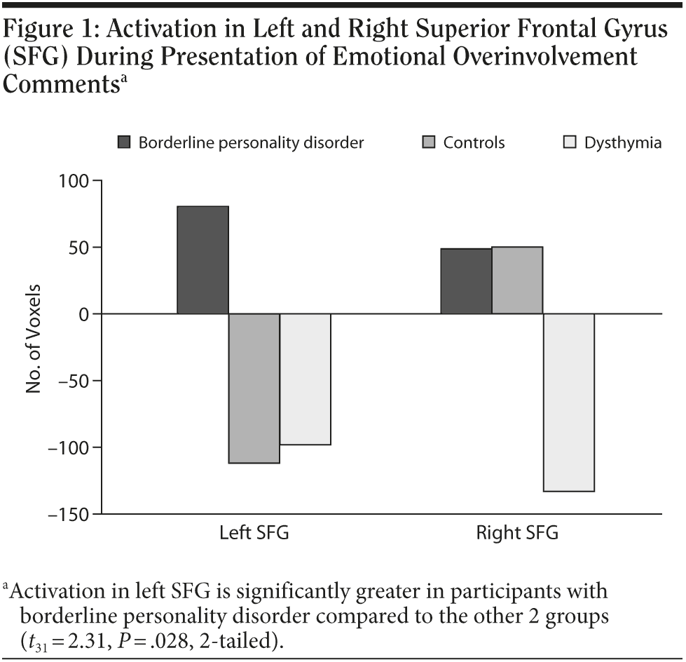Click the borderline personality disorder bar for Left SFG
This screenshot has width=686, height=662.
click(203, 260)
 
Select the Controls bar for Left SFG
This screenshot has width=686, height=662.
click(254, 389)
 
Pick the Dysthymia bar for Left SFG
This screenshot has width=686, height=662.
click(306, 379)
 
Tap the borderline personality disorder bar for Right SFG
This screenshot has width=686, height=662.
click(466, 281)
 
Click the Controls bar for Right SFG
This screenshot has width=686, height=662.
click(517, 281)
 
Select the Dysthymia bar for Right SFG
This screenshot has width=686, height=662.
click(568, 403)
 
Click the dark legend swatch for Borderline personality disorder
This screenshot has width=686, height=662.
click(124, 143)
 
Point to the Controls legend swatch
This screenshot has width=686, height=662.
click(429, 143)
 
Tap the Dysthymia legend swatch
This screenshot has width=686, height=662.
click(570, 143)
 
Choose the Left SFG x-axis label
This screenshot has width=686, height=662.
click(254, 533)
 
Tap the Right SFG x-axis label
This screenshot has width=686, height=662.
click(517, 533)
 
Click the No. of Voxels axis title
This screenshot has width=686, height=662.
click(34, 339)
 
